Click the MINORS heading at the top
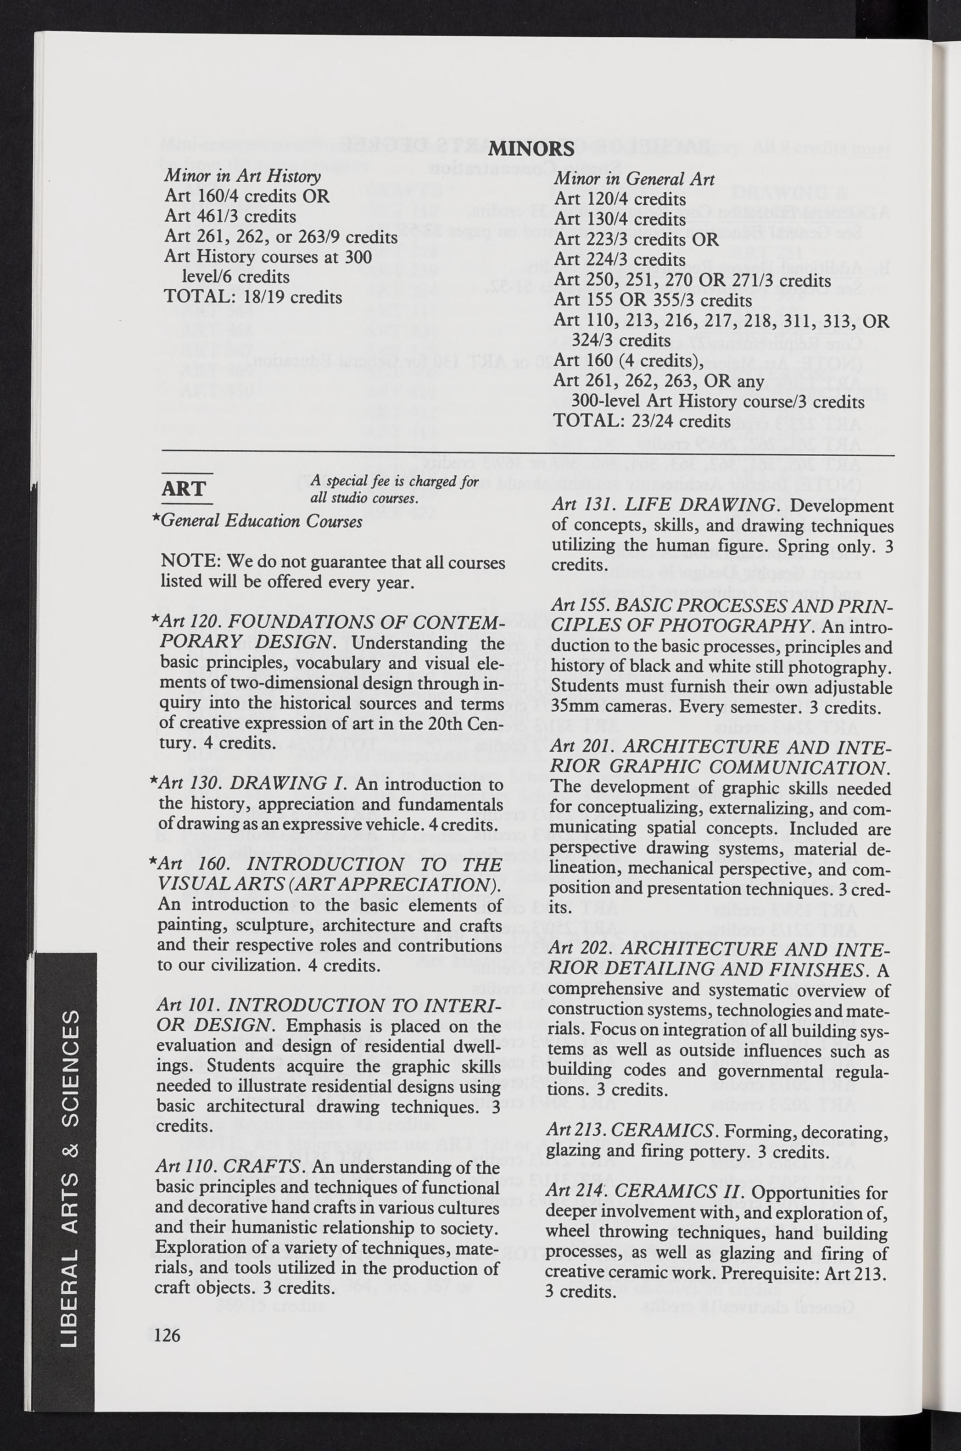[533, 149]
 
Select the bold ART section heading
[184, 489]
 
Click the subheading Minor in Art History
[242, 177]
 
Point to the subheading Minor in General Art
[634, 179]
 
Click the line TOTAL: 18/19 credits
[253, 297]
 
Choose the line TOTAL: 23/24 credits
[642, 422]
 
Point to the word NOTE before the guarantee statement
[190, 561]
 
